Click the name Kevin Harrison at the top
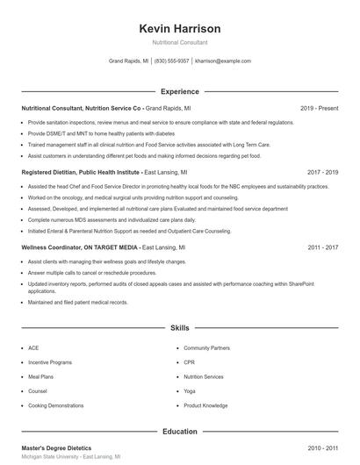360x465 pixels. click(x=180, y=29)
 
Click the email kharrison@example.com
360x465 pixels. click(x=223, y=61)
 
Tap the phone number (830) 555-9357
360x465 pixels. click(x=172, y=61)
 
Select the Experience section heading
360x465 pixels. click(x=180, y=91)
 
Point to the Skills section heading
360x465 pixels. click(x=180, y=327)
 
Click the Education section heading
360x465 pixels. click(x=180, y=432)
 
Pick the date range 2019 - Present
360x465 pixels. click(x=319, y=108)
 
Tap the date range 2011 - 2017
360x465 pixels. click(x=322, y=247)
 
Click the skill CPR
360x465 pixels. click(x=189, y=361)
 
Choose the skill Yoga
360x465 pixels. click(x=190, y=390)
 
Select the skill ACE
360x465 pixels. click(x=33, y=347)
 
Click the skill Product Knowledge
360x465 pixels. click(x=206, y=405)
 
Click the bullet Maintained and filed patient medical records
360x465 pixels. click(x=77, y=302)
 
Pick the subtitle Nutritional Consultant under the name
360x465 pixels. click(x=180, y=42)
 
